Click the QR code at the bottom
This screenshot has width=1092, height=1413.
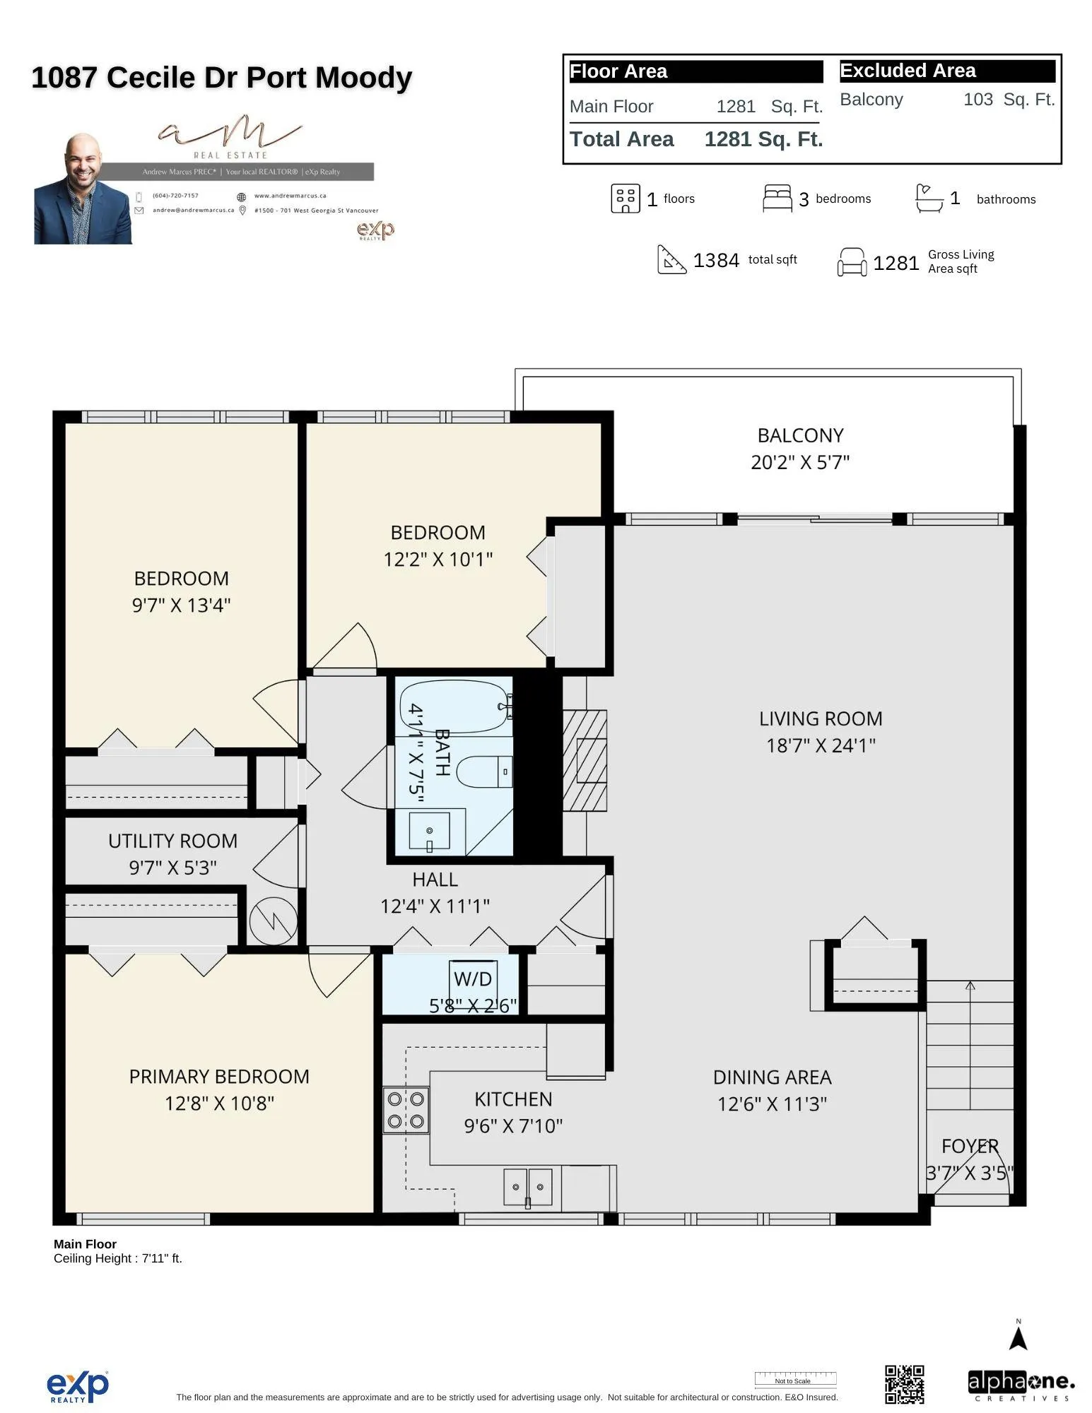click(x=904, y=1384)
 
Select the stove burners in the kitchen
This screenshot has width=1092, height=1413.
click(x=406, y=1110)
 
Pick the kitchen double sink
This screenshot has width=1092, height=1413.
click(x=527, y=1187)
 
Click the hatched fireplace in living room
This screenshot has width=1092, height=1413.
click(x=585, y=760)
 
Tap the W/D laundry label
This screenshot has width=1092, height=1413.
click(x=473, y=979)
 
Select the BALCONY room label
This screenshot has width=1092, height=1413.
click(x=800, y=435)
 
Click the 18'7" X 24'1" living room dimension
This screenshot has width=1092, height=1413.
click(x=821, y=745)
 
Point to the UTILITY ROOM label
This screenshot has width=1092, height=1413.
click(x=172, y=841)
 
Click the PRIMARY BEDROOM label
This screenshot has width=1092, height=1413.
click(x=219, y=1076)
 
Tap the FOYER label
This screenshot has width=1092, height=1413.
click(x=970, y=1146)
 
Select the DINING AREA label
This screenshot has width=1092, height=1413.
click(x=772, y=1077)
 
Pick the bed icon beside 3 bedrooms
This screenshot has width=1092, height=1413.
click(x=777, y=199)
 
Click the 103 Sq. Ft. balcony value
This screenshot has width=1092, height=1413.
click(x=1009, y=100)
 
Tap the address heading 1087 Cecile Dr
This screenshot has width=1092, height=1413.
click(x=221, y=78)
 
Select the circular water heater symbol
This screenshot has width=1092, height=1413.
click(x=274, y=921)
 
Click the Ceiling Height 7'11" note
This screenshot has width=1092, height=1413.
click(x=118, y=1258)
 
